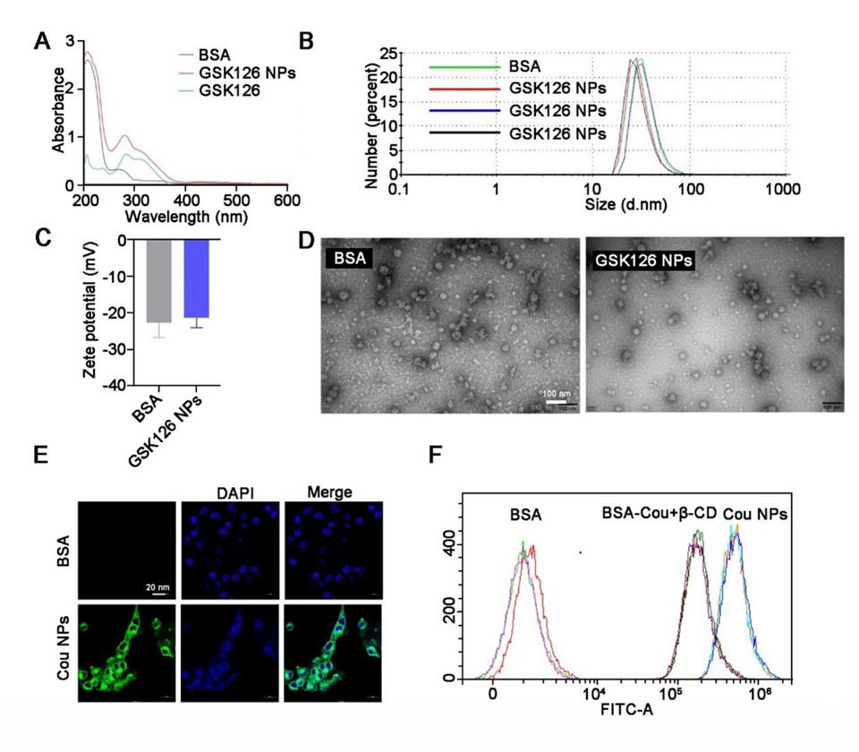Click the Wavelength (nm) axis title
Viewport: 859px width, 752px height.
[187, 216]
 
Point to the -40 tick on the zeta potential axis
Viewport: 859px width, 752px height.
[115, 386]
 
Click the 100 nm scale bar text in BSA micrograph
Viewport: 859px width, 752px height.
[557, 394]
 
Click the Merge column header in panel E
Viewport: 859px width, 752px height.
[327, 492]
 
